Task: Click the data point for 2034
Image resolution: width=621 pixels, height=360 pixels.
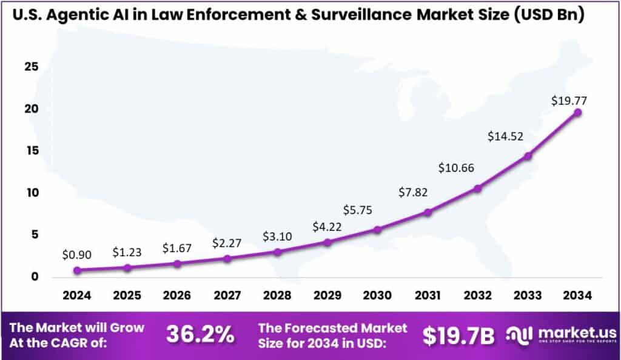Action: tap(578, 113)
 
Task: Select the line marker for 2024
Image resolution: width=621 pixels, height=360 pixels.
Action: tap(77, 270)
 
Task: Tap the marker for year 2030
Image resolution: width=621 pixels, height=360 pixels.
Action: tap(377, 230)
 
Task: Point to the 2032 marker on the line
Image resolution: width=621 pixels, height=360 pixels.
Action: tap(477, 188)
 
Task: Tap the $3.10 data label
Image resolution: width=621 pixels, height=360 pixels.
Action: tap(278, 236)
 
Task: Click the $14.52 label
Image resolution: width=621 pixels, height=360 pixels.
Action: tap(505, 136)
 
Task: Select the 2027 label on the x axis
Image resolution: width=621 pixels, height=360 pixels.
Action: tap(227, 296)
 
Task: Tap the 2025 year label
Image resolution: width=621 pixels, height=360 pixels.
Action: tap(127, 296)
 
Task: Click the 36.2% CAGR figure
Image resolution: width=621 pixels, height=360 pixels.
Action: tap(200, 335)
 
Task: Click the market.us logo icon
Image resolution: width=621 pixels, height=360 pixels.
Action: tap(519, 334)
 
